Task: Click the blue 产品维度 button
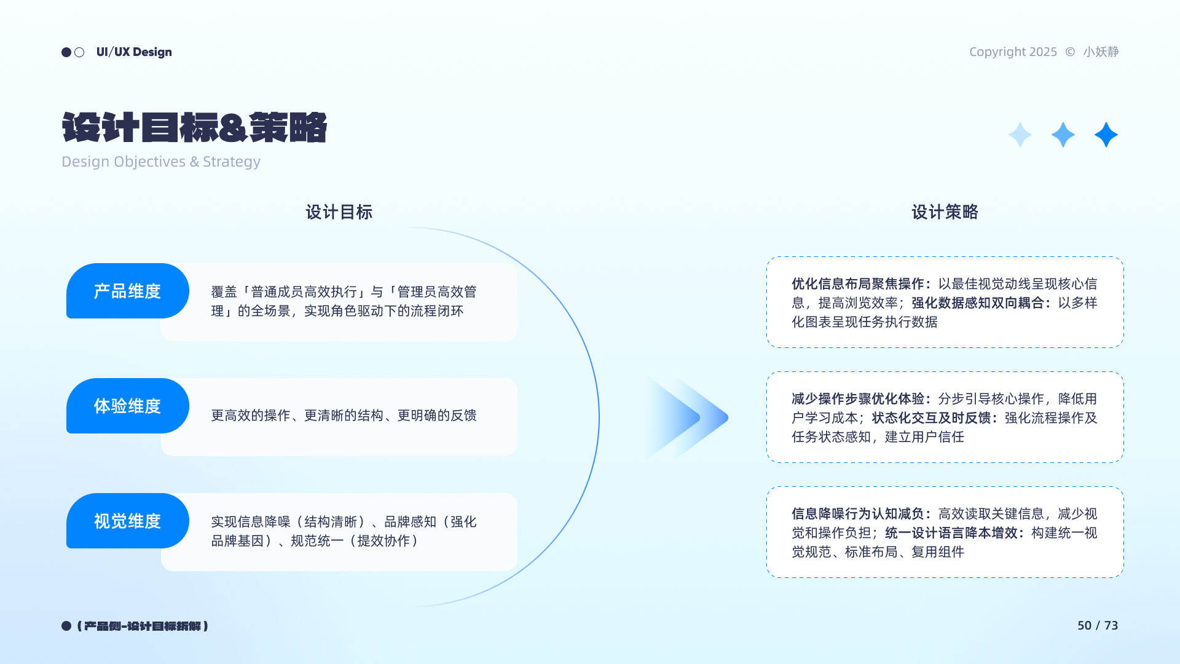coord(128,291)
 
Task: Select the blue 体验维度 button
coord(128,406)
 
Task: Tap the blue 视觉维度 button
coord(128,521)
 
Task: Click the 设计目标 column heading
coord(339,212)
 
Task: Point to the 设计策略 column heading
coord(945,212)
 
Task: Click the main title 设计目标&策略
coord(194,128)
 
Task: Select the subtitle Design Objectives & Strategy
coord(161,162)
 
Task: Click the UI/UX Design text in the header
coord(134,52)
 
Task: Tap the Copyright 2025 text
coord(1013,52)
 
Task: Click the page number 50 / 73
coord(1098,625)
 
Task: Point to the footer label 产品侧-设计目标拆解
coord(143,626)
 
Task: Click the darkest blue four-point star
coord(1106,135)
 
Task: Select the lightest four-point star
coord(1020,135)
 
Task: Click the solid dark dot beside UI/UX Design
coord(66,52)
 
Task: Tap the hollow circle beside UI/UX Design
coord(79,52)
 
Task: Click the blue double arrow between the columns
coord(687,418)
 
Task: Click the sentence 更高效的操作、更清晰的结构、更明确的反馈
coord(344,416)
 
